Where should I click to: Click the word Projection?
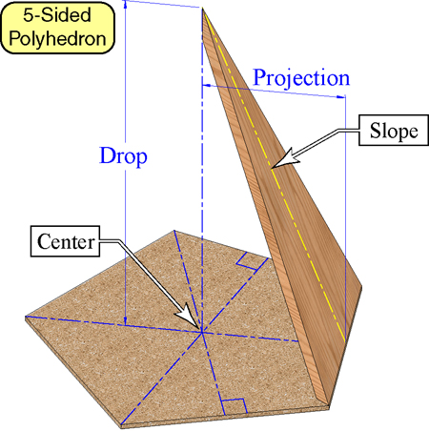tap(301, 78)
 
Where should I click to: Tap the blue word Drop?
tap(123, 156)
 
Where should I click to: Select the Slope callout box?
tap(394, 131)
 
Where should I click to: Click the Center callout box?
tap(65, 241)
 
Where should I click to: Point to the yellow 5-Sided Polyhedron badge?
tap(57, 28)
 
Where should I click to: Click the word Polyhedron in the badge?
tap(57, 39)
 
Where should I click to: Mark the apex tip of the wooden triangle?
tap(202, 8)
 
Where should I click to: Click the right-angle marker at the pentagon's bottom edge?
tap(235, 407)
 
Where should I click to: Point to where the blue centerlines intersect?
tap(202, 333)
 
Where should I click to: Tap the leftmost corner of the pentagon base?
tap(26, 317)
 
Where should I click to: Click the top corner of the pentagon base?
tap(174, 231)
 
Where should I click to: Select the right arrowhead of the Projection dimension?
tap(341, 96)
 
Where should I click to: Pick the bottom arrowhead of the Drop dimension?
tap(126, 321)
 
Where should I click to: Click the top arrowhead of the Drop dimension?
tap(126, 4)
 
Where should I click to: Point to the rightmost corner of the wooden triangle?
tap(362, 287)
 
